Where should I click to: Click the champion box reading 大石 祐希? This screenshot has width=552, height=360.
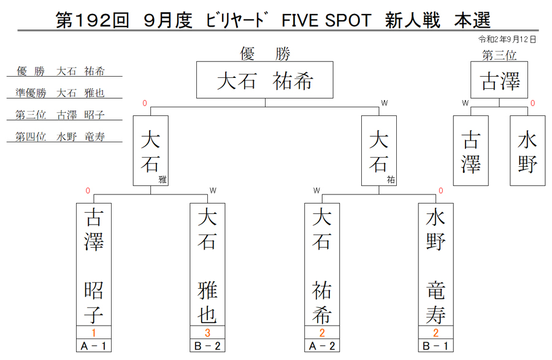265,80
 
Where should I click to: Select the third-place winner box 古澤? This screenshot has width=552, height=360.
499,80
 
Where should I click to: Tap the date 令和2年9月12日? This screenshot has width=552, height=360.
507,39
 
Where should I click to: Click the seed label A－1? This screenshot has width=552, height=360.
94,346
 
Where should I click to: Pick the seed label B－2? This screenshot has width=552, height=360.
207,346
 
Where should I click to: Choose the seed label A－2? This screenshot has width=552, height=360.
322,346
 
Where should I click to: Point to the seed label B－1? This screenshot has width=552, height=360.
436,346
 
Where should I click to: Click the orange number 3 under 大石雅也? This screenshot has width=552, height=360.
207,332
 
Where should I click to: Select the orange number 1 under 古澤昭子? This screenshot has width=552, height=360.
94,332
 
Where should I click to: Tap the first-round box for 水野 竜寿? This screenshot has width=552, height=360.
436,264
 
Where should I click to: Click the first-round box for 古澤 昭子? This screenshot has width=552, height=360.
94,264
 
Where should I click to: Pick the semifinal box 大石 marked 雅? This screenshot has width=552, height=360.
151,151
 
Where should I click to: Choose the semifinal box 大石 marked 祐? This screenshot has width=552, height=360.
379,151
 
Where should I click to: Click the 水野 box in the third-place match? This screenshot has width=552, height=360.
527,151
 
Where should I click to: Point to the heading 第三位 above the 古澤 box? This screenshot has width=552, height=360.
499,55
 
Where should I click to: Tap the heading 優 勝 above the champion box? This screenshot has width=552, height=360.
265,54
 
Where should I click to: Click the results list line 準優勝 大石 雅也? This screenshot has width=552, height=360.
60,93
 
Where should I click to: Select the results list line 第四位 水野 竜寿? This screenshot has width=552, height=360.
60,137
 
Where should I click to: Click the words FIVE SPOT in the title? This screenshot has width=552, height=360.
326,20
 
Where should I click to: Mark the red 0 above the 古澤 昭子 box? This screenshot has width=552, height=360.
88,191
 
